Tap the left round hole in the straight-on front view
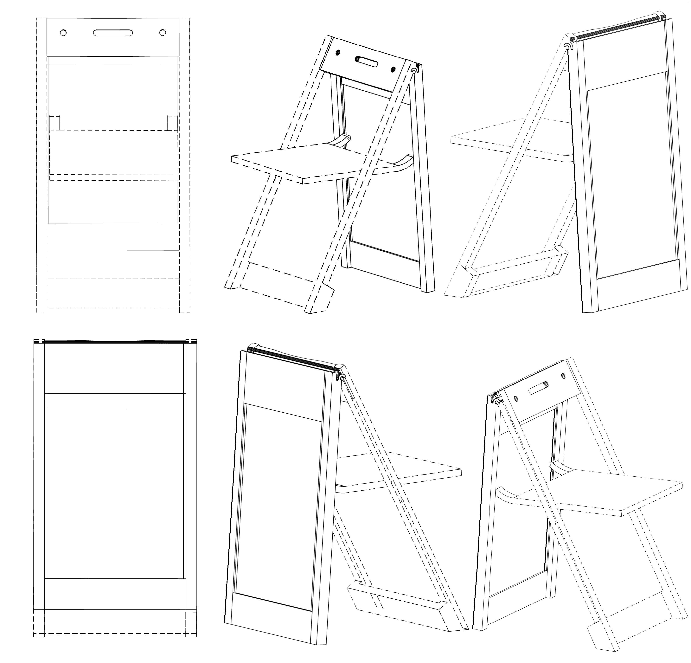click(63, 33)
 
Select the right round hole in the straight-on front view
click(163, 33)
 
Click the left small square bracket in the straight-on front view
click(55, 123)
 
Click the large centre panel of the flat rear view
click(115, 487)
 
